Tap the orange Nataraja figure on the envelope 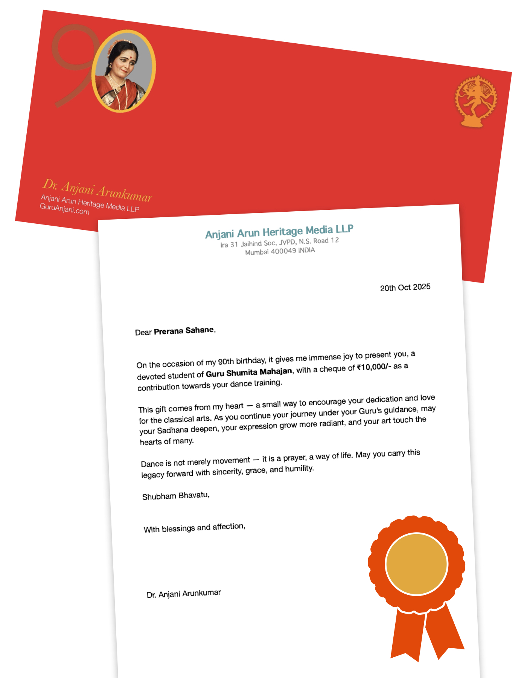pyautogui.click(x=476, y=101)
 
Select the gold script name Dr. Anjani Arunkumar pyautogui.click(x=97, y=191)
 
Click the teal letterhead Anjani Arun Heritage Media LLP pyautogui.click(x=279, y=231)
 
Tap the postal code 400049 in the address pyautogui.click(x=283, y=251)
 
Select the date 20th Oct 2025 pyautogui.click(x=405, y=287)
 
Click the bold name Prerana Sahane pyautogui.click(x=184, y=331)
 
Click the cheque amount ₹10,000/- pyautogui.click(x=374, y=367)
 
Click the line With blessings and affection pyautogui.click(x=194, y=528)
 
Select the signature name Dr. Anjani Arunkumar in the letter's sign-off pyautogui.click(x=184, y=594)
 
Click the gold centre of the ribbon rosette pyautogui.click(x=416, y=564)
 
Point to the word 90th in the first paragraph pyautogui.click(x=226, y=362)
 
